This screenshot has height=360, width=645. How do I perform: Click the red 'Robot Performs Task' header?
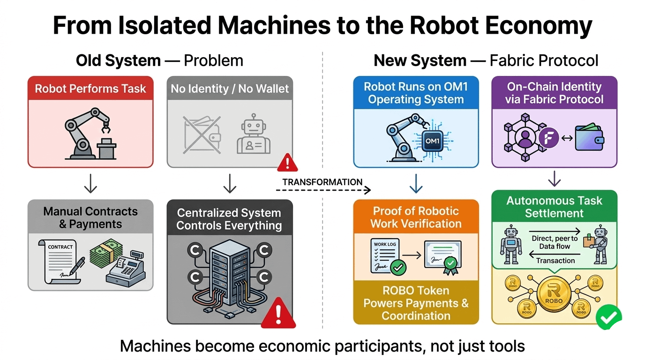tap(90, 89)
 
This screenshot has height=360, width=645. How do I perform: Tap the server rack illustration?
tap(229, 276)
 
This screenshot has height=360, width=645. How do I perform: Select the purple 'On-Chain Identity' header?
tap(554, 93)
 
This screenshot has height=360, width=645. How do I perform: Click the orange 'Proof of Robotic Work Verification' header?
tap(416, 217)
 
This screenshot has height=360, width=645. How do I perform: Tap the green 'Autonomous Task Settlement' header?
tap(554, 207)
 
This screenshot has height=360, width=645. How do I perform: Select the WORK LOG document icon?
tap(385, 257)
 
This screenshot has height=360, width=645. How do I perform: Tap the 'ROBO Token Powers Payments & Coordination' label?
tap(416, 303)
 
